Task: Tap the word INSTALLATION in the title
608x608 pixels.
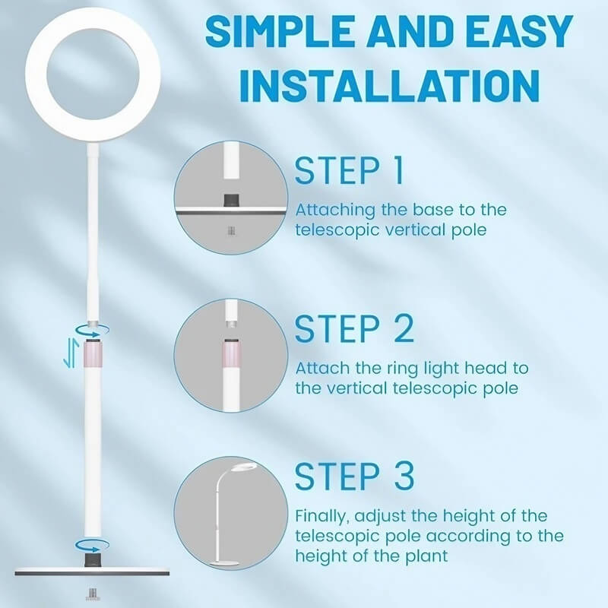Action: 389,85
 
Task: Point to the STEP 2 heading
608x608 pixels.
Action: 354,328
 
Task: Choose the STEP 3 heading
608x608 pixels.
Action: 354,476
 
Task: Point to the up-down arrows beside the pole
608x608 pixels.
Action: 71,352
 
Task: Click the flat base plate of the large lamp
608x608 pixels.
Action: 92,572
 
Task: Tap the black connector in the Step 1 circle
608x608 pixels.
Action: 232,200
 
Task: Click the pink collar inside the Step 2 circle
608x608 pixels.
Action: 231,353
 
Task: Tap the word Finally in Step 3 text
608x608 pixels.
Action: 322,516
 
